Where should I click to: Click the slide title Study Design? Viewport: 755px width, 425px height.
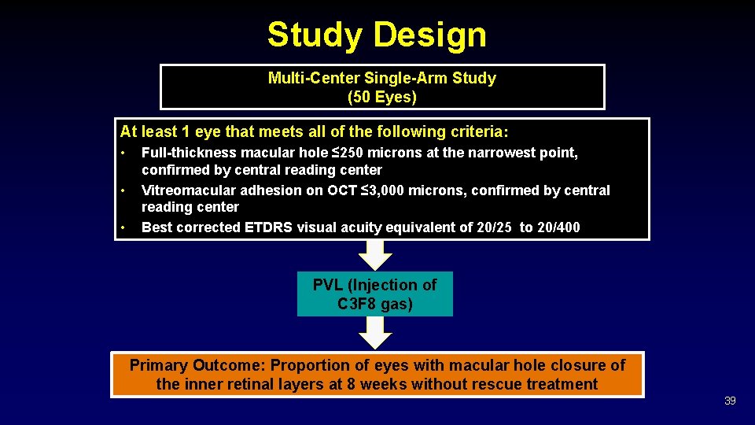coord(377,35)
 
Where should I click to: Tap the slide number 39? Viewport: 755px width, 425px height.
coord(730,401)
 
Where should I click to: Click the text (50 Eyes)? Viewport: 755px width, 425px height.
coord(382,98)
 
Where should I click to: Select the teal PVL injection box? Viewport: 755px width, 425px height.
coord(375,294)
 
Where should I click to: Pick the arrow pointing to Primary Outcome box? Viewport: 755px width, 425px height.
coord(375,333)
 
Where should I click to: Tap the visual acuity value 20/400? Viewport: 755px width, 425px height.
coord(559,227)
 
